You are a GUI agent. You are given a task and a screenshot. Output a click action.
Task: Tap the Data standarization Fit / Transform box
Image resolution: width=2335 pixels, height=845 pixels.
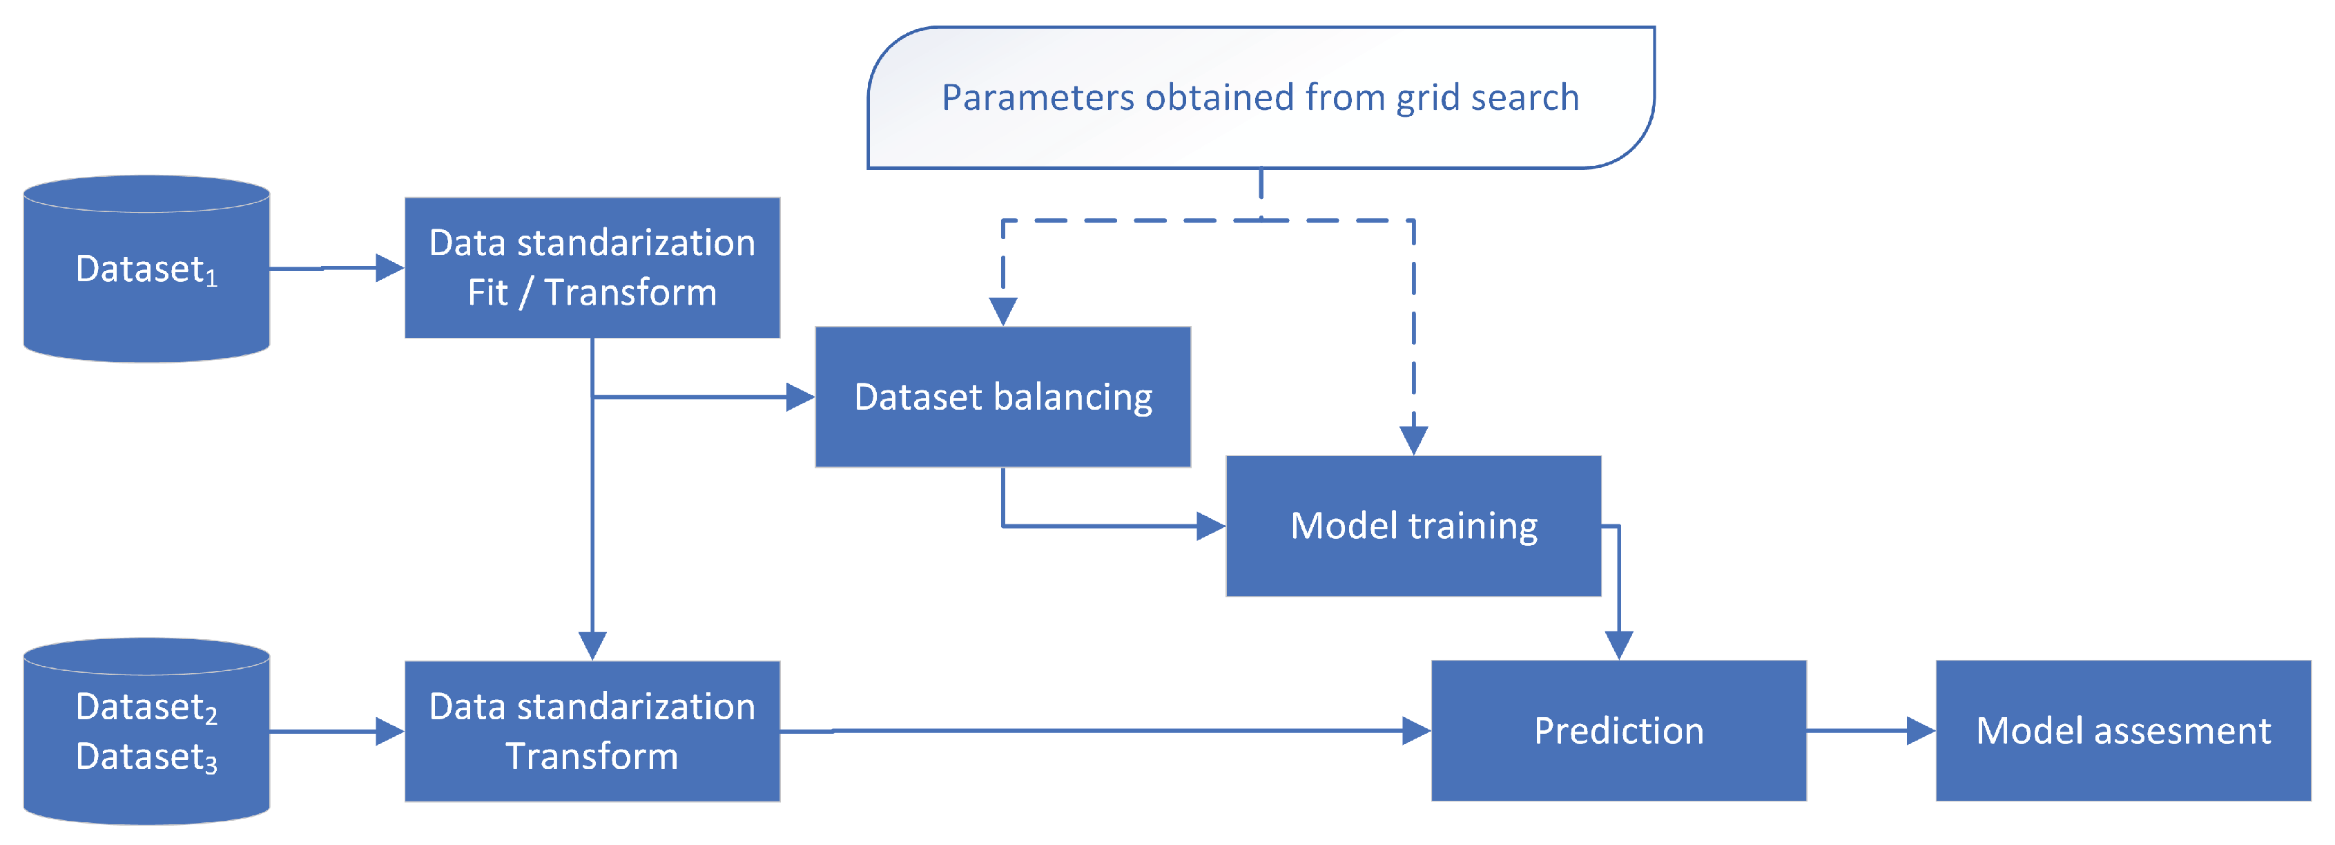coord(592,267)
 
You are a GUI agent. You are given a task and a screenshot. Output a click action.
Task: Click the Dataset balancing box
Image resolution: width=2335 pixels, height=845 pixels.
coord(1002,397)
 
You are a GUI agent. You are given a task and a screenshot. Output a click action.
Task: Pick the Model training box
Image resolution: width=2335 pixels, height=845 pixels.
coord(1413,526)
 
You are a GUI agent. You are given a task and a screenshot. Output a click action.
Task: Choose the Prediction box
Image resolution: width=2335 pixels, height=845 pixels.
coord(1618,731)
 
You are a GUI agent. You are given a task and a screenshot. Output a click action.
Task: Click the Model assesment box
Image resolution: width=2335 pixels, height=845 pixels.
coord(2123,731)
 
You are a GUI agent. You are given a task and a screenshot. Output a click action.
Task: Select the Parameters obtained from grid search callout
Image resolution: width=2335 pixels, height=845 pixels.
coord(1260,97)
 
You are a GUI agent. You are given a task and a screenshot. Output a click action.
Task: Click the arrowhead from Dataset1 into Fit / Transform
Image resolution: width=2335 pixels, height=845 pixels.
coord(390,267)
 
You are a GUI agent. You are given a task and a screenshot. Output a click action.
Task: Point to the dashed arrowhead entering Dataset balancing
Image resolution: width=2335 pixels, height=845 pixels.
coord(1002,311)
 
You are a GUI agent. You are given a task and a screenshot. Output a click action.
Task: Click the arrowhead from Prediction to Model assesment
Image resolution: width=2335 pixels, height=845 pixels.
coord(1921,731)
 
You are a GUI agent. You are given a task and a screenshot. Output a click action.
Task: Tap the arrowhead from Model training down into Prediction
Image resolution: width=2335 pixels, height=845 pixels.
coord(1618,645)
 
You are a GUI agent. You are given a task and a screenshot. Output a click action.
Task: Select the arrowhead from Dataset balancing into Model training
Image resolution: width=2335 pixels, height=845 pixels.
coord(1211,526)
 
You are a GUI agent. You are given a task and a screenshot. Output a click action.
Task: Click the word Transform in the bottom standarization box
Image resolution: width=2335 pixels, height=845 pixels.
coord(592,756)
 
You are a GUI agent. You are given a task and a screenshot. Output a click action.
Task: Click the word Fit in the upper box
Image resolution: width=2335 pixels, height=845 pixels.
coord(487,293)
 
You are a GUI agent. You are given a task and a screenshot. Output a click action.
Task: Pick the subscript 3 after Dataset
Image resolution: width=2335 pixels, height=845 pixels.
coord(211,766)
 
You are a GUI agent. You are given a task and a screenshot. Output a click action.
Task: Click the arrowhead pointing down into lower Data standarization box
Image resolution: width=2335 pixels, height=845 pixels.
coord(592,645)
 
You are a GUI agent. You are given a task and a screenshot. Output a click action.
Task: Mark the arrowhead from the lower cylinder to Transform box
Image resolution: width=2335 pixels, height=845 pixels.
coord(390,731)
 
